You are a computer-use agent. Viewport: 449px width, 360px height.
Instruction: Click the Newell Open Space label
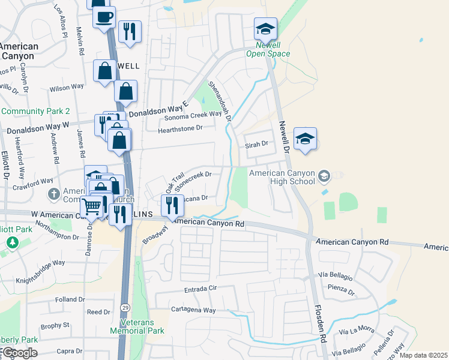pyautogui.click(x=268, y=50)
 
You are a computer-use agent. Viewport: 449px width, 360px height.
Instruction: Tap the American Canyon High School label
pyautogui.click(x=282, y=177)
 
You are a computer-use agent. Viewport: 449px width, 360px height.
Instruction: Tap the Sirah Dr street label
pyautogui.click(x=256, y=145)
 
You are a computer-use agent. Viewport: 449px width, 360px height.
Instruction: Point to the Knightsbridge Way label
pyautogui.click(x=40, y=263)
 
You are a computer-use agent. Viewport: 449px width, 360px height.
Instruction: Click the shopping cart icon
pyautogui.click(x=91, y=207)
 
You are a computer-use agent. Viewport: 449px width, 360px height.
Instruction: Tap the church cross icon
pyautogui.click(x=53, y=194)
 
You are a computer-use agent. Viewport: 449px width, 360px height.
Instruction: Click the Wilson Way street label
pyautogui.click(x=67, y=88)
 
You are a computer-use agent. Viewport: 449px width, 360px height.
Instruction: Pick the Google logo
pyautogui.click(x=19, y=353)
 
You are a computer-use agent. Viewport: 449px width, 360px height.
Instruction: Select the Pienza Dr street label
pyautogui.click(x=342, y=290)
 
